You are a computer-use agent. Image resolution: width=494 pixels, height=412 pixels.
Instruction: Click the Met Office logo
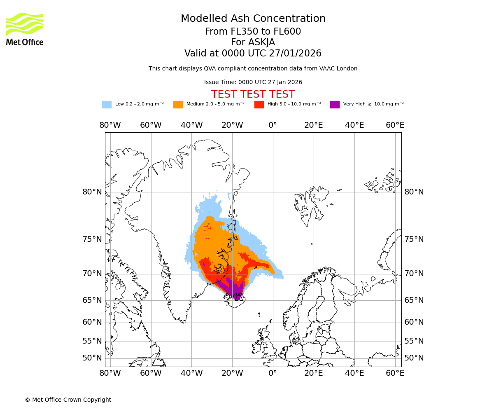point(24,29)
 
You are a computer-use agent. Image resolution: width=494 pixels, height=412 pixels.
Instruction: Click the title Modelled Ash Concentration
point(253,19)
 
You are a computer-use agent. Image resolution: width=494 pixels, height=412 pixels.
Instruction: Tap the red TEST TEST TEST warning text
point(253,94)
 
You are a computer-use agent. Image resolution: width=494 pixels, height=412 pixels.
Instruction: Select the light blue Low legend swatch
point(107,105)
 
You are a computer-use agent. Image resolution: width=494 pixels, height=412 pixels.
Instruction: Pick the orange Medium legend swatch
point(178,105)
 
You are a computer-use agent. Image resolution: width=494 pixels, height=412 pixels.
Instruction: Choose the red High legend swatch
point(259,105)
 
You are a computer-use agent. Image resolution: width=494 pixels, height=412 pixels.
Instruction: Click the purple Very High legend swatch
point(335,105)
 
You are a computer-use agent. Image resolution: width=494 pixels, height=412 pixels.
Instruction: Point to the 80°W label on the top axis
point(110,125)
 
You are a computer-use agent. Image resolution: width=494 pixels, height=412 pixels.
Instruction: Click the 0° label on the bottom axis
point(273,373)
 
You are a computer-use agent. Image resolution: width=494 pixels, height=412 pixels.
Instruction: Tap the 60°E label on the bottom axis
point(395,373)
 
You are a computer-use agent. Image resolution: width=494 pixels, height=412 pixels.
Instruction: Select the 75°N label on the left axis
point(92,239)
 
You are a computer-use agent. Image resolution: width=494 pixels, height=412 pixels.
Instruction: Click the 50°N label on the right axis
point(414,358)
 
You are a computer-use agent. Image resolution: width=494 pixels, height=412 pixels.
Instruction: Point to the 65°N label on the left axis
point(92,300)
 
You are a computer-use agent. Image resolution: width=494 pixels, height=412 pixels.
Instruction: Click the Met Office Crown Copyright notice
point(68,400)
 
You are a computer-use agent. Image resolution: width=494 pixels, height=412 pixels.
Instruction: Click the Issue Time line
point(253,82)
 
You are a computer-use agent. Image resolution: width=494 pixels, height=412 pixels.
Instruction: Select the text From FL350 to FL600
point(253,32)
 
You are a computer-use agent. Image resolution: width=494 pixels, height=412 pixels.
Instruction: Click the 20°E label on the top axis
point(313,125)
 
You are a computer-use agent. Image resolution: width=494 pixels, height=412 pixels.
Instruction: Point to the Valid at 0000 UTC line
point(253,54)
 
